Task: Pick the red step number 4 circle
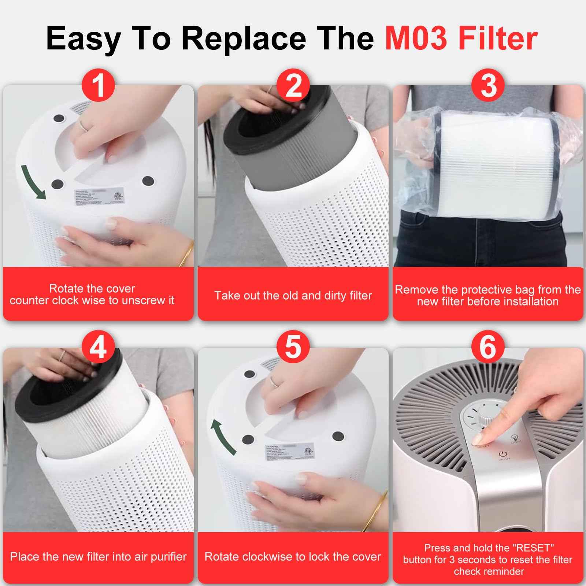98,347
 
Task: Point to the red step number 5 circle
293,347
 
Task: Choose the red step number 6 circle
488,347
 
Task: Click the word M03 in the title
417,38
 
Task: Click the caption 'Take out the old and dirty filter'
293,295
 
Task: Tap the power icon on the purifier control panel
502,454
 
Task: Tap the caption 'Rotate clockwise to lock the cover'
293,557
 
